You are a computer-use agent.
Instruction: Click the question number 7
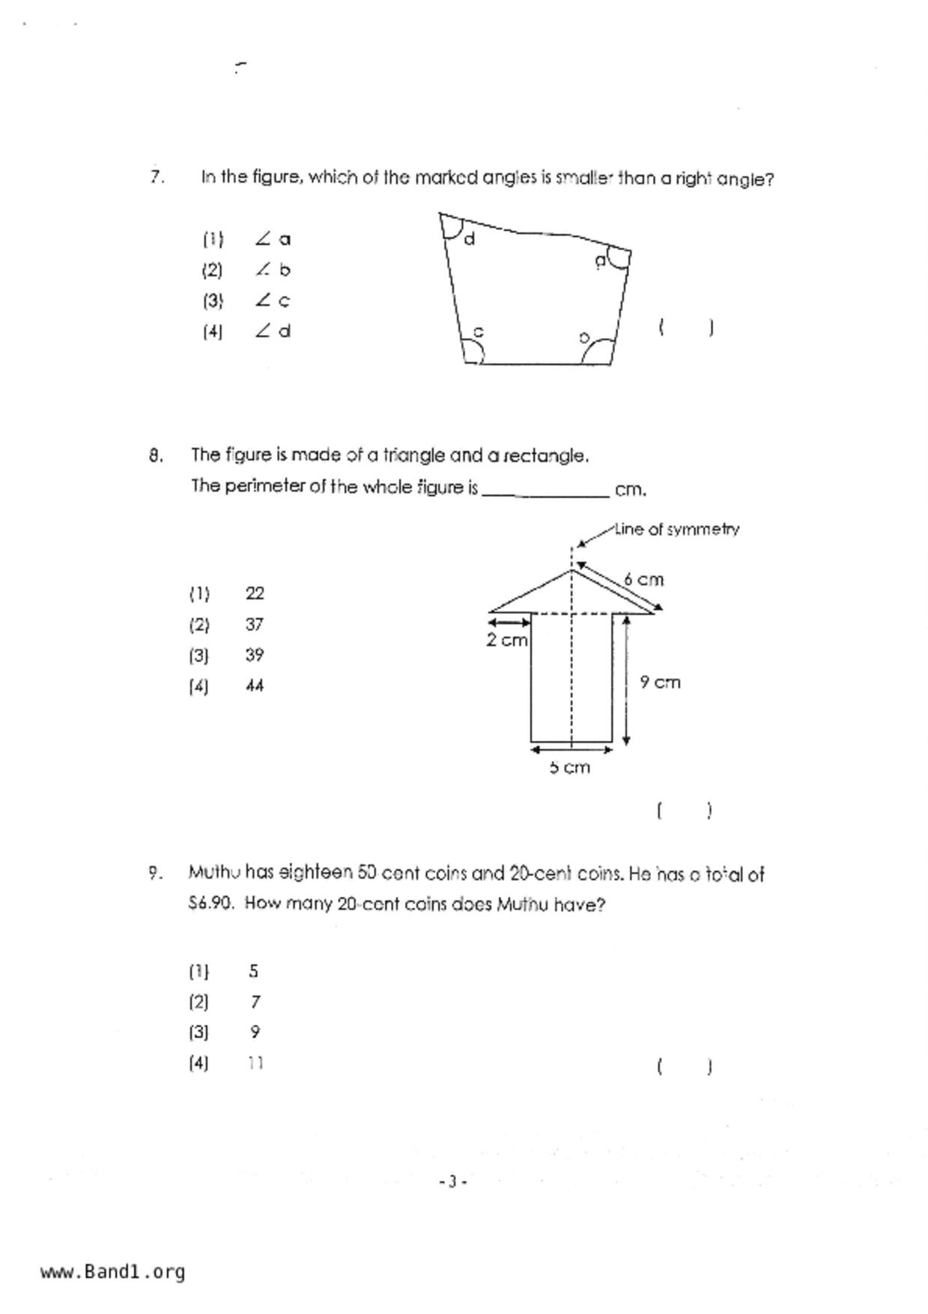156,177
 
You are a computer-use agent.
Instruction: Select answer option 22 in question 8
255,593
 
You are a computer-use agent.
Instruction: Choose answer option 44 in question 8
255,685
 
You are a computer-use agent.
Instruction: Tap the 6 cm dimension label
644,579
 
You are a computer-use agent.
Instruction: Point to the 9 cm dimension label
660,682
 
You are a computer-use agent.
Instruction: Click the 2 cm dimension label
507,640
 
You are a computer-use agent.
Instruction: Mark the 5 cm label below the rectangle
570,768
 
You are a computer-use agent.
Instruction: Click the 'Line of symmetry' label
677,529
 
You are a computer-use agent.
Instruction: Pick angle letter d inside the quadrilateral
470,240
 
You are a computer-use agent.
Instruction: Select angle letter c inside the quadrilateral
479,331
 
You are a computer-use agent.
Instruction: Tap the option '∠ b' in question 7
273,270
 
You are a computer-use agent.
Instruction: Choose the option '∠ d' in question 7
273,330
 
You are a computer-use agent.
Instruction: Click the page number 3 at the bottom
452,1181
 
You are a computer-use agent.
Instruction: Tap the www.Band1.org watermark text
113,1271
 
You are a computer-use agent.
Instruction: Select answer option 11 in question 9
255,1063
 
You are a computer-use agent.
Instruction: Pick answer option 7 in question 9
255,1002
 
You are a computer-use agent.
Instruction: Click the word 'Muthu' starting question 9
214,873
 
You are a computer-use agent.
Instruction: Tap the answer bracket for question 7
685,327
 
